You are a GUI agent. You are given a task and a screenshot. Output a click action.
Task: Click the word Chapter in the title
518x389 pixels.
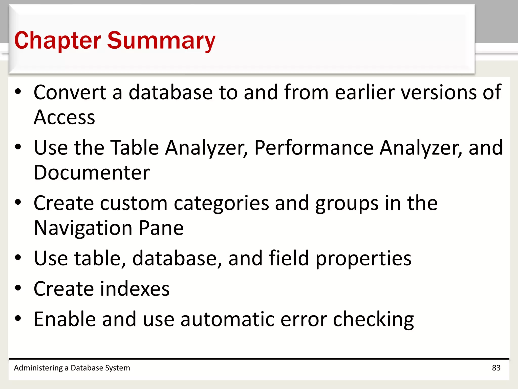pos(58,41)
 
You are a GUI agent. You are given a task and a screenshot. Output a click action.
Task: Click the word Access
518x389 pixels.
pos(64,118)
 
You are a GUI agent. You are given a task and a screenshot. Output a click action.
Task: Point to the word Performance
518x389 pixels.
pos(314,148)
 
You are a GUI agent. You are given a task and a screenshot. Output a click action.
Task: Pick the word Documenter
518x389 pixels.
pos(92,173)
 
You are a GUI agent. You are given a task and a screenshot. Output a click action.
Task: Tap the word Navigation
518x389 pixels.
pos(83,228)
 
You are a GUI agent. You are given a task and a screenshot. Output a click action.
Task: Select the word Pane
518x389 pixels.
pos(161,228)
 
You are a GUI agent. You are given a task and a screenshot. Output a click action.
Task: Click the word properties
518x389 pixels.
pos(363,258)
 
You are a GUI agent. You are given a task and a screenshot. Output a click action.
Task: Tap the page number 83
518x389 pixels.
pos(496,368)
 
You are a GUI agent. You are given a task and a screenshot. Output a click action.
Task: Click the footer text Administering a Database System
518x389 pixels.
pos(72,368)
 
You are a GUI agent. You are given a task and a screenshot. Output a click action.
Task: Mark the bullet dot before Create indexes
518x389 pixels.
pos(18,288)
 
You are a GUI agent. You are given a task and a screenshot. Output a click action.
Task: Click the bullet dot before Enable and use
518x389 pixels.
pos(18,318)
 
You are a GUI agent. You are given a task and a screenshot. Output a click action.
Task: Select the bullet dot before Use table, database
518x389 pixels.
pos(18,258)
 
